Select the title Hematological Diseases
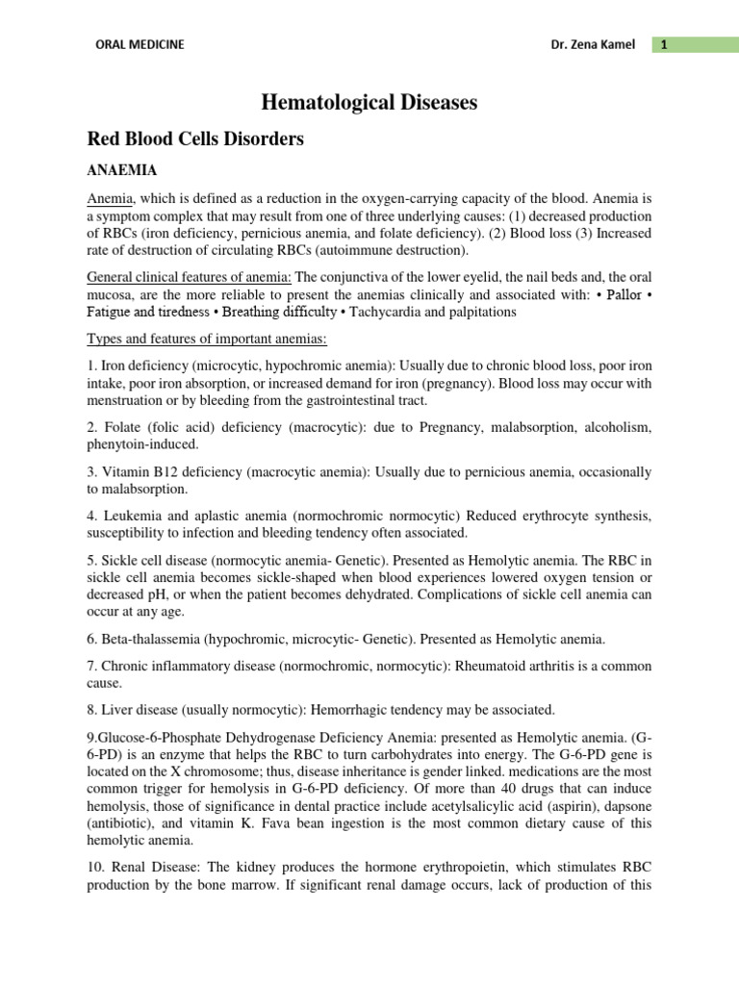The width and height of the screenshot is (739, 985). [x=369, y=102]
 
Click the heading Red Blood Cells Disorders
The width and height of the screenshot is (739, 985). [x=195, y=139]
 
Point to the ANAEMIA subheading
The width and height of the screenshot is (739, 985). [x=122, y=170]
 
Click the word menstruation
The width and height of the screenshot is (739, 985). [x=131, y=400]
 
